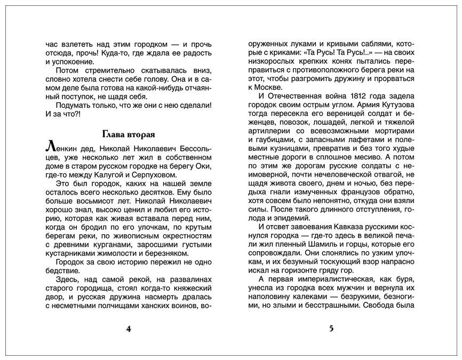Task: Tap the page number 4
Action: pos(128,329)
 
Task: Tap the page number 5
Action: pos(331,329)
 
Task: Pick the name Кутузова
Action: pos(396,105)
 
